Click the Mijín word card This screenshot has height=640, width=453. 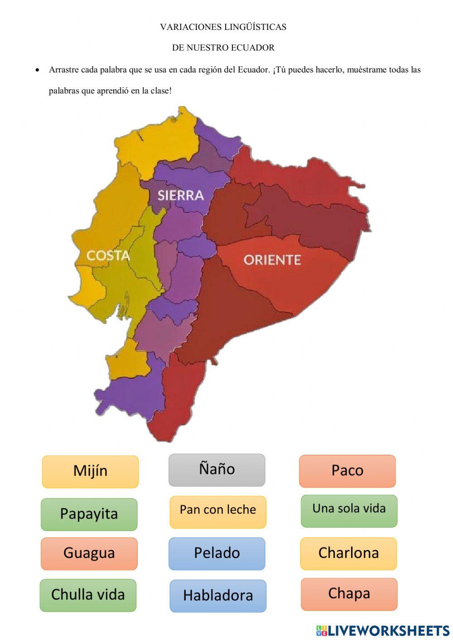(90, 472)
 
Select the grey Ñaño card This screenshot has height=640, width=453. (217, 470)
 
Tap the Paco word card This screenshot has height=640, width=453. (347, 471)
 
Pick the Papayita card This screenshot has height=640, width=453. (89, 514)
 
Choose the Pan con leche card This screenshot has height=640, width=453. (218, 511)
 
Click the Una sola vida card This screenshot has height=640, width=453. (349, 510)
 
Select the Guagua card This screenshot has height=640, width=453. (89, 553)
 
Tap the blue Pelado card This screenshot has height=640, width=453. (217, 553)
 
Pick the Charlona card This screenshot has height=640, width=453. (348, 553)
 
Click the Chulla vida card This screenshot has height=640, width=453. (88, 595)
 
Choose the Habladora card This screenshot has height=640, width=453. (218, 596)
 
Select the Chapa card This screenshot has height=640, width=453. (349, 594)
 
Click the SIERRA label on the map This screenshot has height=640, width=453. (180, 195)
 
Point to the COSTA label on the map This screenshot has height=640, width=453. (108, 255)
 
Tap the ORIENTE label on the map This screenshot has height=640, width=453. (272, 260)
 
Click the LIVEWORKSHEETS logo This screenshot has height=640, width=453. (383, 630)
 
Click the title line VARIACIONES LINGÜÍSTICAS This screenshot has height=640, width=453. (223, 27)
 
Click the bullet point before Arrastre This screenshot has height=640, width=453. (38, 70)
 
